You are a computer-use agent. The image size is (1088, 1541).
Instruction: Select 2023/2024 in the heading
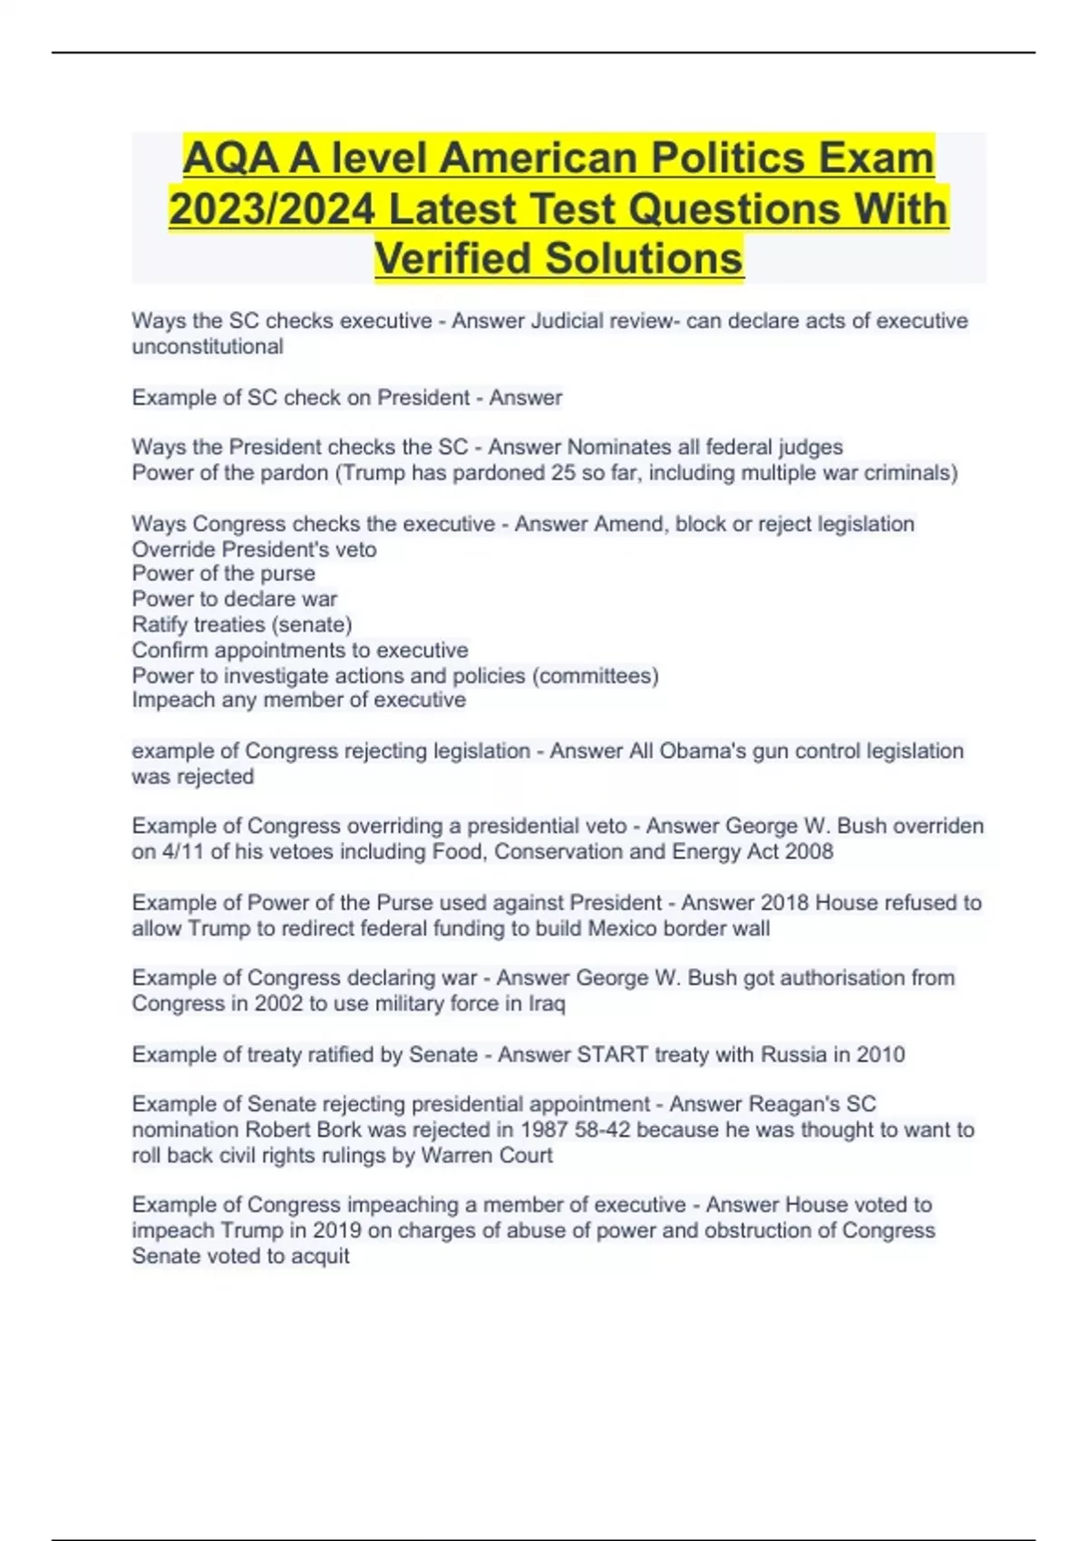271,209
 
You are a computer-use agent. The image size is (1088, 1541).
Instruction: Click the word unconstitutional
208,346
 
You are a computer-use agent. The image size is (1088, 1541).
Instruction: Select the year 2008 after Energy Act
810,851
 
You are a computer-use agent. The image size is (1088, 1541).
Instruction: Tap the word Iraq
547,1003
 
